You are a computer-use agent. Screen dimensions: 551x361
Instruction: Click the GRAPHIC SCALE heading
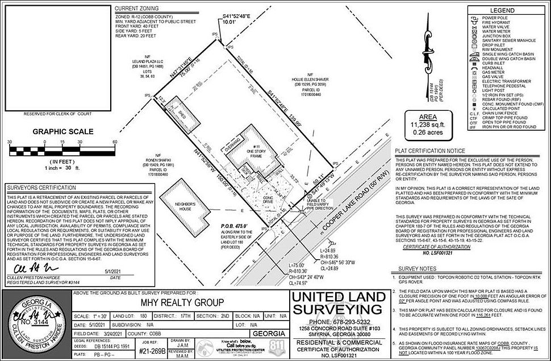[x=62, y=131]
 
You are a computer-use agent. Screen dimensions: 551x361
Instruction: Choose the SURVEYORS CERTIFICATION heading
[x=39, y=188]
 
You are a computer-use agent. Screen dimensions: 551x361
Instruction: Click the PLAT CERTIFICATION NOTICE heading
[x=430, y=151]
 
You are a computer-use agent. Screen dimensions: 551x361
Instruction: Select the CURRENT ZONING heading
[x=137, y=9]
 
